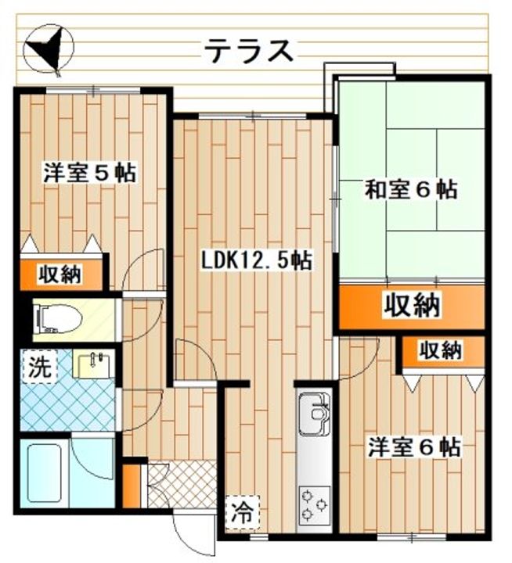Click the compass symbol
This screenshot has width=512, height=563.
(49, 50)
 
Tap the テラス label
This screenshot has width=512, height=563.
(250, 51)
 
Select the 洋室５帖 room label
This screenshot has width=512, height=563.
(90, 173)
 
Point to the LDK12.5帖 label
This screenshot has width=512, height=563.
(256, 260)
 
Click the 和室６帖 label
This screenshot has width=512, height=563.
(411, 189)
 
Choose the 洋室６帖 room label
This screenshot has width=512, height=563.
(413, 446)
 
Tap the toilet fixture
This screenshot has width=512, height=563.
(57, 319)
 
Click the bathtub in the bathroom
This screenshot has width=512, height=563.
(45, 472)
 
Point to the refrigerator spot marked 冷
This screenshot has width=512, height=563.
(242, 512)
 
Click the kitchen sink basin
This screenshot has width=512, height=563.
(313, 414)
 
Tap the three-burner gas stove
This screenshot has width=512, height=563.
(315, 505)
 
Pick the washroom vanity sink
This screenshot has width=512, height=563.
(94, 364)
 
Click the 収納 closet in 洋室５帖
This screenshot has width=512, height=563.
(61, 274)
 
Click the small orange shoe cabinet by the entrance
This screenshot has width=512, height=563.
(132, 486)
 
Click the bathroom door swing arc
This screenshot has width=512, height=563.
(92, 457)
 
